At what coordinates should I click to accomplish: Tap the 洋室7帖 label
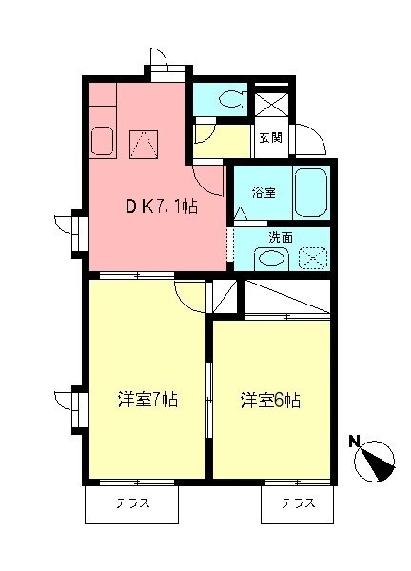coord(147,400)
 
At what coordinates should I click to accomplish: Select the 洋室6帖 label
coord(270,400)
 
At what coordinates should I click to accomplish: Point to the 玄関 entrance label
coord(270,136)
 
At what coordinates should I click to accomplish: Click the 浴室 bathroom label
coord(264,193)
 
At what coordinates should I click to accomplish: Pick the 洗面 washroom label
coord(280,237)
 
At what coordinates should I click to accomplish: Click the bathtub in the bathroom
coord(311,192)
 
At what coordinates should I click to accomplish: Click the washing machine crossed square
coord(313,258)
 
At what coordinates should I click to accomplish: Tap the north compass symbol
coord(377,463)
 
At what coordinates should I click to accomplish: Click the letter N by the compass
coord(353,441)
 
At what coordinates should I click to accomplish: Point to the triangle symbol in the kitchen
coord(143,144)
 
